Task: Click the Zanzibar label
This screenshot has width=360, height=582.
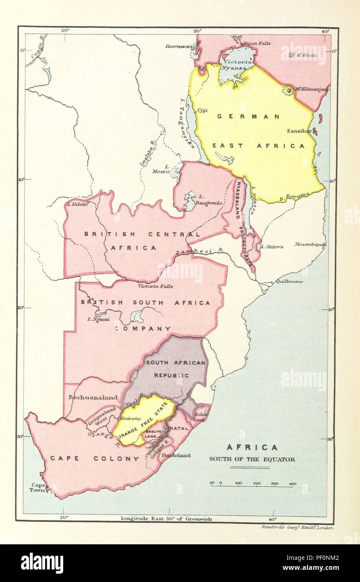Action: tap(298, 131)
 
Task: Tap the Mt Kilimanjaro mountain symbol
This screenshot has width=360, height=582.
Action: tap(288, 90)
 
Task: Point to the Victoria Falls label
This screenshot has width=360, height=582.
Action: tap(155, 286)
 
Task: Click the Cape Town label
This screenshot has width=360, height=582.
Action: tap(37, 487)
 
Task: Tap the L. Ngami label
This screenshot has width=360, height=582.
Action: tap(98, 319)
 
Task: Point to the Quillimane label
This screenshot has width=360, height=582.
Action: tap(289, 281)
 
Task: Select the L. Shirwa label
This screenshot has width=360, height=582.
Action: tap(272, 247)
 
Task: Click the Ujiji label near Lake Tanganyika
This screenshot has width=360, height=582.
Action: tap(202, 111)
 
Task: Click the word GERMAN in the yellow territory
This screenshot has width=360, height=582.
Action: tap(248, 116)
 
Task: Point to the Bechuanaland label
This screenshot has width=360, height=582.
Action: tap(93, 397)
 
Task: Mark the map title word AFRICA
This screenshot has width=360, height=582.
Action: tap(252, 447)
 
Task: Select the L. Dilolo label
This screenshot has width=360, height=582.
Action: tap(77, 204)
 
